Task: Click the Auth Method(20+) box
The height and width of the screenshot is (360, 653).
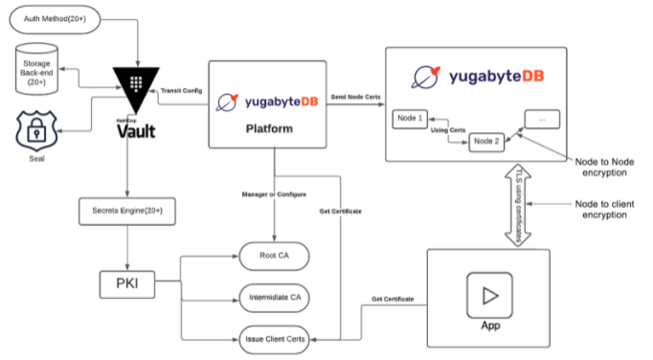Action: pyautogui.click(x=58, y=18)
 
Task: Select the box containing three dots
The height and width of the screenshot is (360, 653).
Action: pyautogui.click(x=543, y=120)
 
